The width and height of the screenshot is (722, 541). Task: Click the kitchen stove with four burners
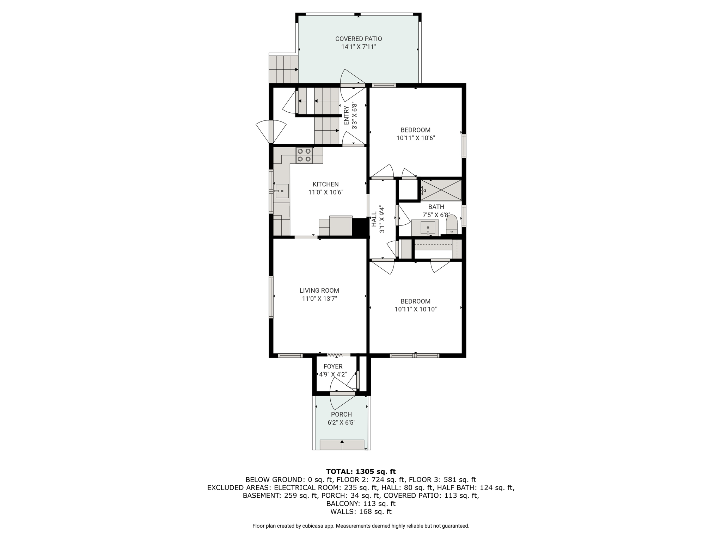(x=304, y=155)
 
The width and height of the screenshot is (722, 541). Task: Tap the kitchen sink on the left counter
(x=282, y=191)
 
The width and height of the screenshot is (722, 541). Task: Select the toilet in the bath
(x=452, y=225)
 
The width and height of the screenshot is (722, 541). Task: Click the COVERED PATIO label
(x=359, y=39)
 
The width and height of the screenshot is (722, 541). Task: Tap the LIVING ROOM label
(x=319, y=291)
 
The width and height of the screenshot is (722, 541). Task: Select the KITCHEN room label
(x=325, y=184)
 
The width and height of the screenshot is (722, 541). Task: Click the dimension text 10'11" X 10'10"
(x=416, y=309)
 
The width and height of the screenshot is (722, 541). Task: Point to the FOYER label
(x=333, y=366)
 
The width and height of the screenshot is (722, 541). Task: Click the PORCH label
(x=341, y=414)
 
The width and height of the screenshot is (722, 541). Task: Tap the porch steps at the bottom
(x=342, y=445)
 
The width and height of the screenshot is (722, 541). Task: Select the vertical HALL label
(x=374, y=219)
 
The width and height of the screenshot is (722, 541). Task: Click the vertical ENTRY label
(x=347, y=116)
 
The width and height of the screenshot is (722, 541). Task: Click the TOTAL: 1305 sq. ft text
(x=361, y=471)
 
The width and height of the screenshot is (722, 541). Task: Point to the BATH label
(x=436, y=207)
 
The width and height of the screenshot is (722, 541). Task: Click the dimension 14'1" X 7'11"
(x=359, y=47)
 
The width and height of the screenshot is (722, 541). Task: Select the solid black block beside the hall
(x=360, y=227)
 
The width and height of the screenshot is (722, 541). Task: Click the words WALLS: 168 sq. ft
(x=361, y=511)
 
